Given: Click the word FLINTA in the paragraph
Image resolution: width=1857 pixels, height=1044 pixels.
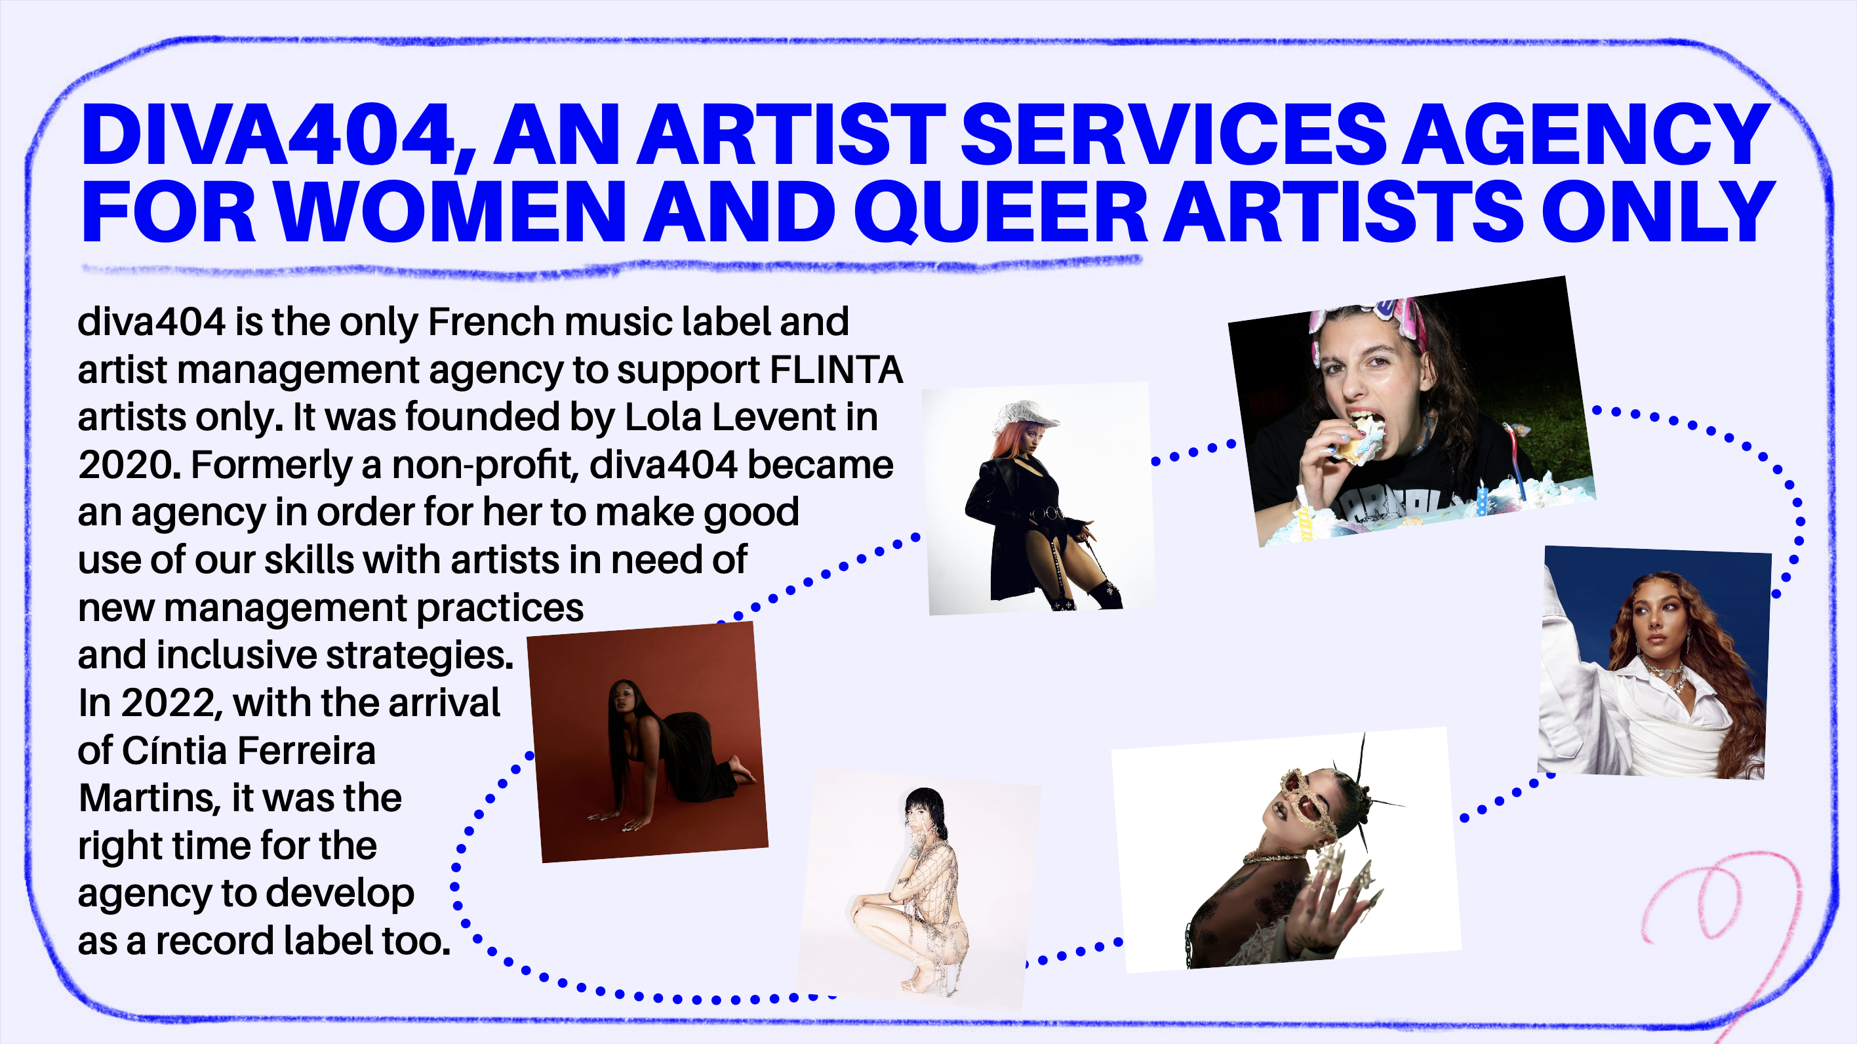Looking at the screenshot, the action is [836, 370].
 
